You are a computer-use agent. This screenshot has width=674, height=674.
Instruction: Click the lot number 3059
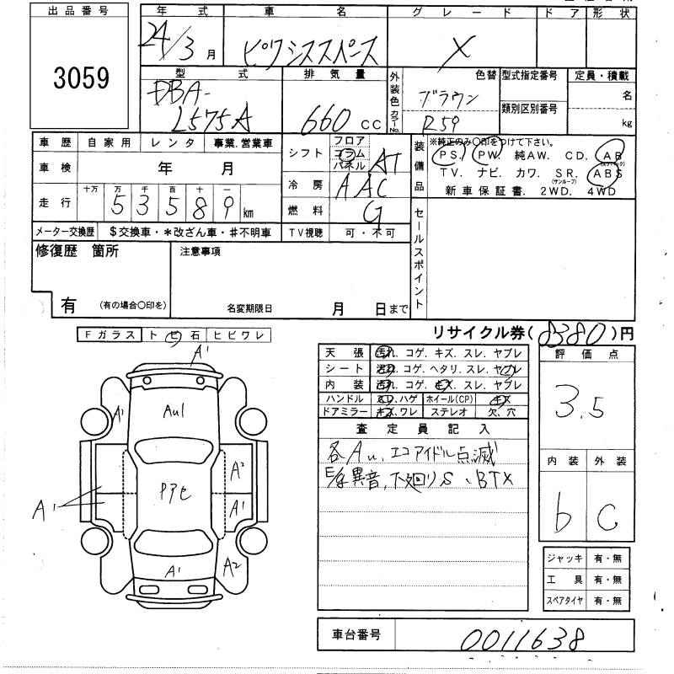(83, 79)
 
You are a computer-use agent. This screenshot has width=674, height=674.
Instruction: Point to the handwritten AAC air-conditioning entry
(361, 187)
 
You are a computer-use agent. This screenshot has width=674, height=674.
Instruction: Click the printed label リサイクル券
(467, 334)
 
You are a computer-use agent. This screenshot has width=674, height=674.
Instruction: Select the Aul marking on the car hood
(174, 411)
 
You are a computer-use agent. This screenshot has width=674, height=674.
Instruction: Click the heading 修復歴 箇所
(78, 250)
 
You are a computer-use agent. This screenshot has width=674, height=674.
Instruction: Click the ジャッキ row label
(561, 559)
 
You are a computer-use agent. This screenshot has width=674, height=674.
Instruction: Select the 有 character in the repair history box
(68, 307)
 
